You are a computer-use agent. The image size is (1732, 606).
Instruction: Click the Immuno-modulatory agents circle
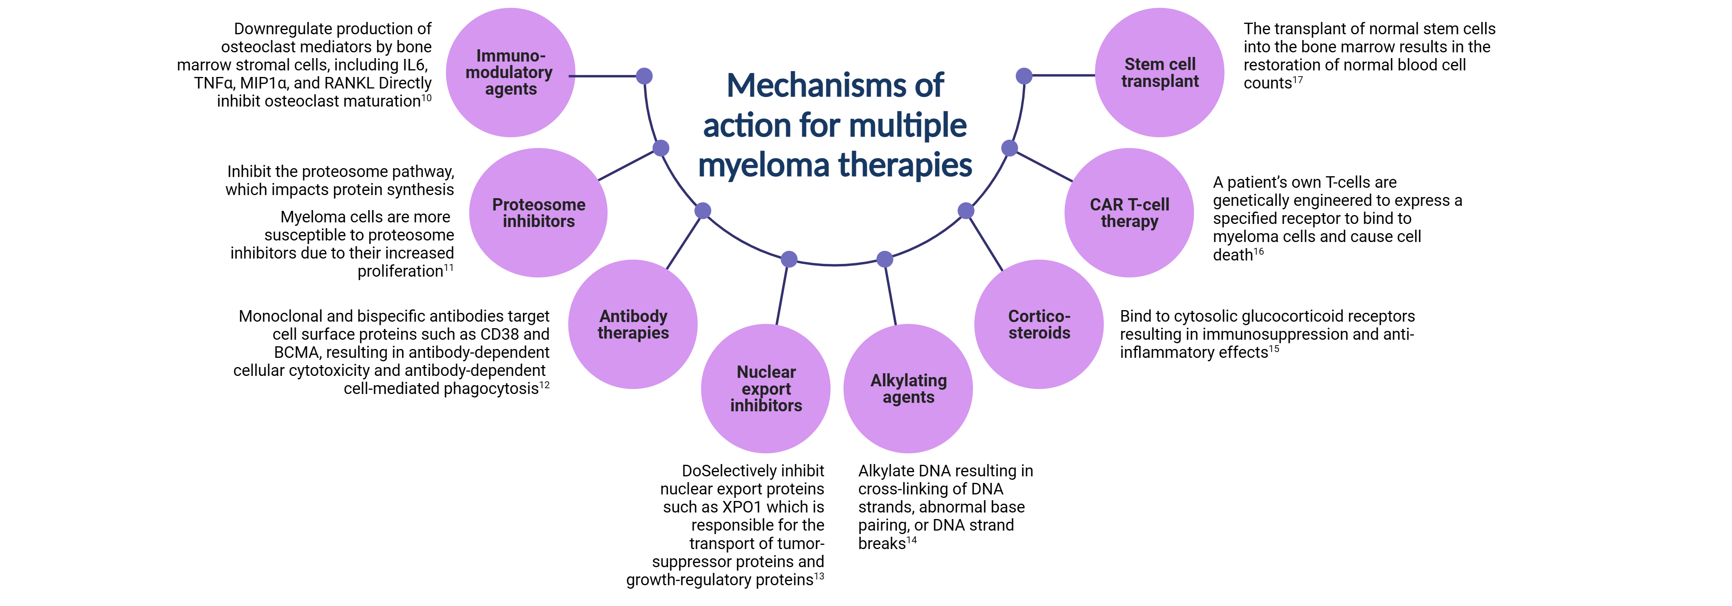pyautogui.click(x=510, y=73)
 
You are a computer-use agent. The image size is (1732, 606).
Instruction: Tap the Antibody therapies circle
pyautogui.click(x=633, y=324)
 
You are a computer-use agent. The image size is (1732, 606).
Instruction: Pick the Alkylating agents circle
pyautogui.click(x=908, y=388)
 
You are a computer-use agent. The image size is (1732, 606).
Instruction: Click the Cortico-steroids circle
pyautogui.click(x=1039, y=324)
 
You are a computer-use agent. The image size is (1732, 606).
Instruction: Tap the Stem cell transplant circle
pyautogui.click(x=1159, y=73)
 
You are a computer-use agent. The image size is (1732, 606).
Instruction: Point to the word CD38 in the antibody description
pyautogui.click(x=498, y=335)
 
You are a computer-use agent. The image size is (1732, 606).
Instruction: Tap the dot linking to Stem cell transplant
pyautogui.click(x=1023, y=76)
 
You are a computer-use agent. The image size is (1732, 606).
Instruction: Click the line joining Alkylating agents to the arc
pyautogui.click(x=890, y=292)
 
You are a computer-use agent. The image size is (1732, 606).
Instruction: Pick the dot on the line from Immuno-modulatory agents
pyautogui.click(x=644, y=76)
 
